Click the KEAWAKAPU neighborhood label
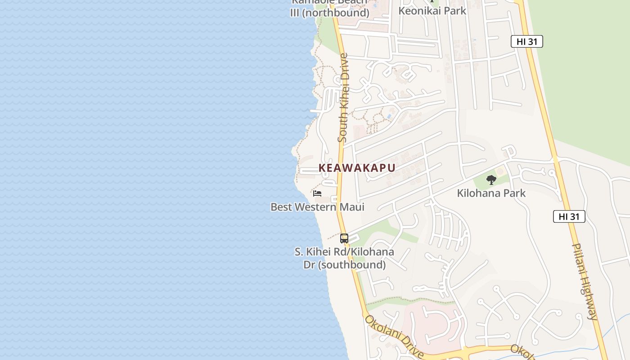[x=357, y=168]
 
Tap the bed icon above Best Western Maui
[x=317, y=193]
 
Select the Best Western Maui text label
[x=317, y=207]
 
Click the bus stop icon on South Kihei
[x=344, y=238]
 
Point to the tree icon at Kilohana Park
[x=491, y=180]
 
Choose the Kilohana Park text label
[x=491, y=193]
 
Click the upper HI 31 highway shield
[x=527, y=41]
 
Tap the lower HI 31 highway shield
[x=569, y=216]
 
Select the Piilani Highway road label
[x=585, y=281]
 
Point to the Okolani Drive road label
[x=394, y=337]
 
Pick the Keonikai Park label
[x=432, y=11]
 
